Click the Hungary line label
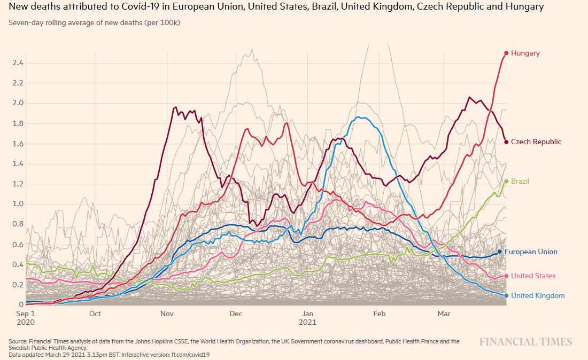click(x=525, y=53)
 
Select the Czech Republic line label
click(x=536, y=142)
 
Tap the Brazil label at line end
click(x=520, y=181)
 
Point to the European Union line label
click(x=531, y=252)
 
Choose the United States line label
click(x=533, y=276)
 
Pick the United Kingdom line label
click(x=538, y=295)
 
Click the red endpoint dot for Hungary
click(x=506, y=53)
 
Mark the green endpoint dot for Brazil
click(x=506, y=181)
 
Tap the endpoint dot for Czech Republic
click(x=506, y=142)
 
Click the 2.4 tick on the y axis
click(x=18, y=63)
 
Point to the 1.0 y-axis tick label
click(x=18, y=204)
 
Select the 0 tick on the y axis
click(x=21, y=304)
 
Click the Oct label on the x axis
click(x=95, y=314)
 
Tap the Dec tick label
click(x=236, y=314)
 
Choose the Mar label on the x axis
click(x=443, y=314)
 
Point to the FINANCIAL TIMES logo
click(x=525, y=342)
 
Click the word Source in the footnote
click(x=19, y=341)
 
